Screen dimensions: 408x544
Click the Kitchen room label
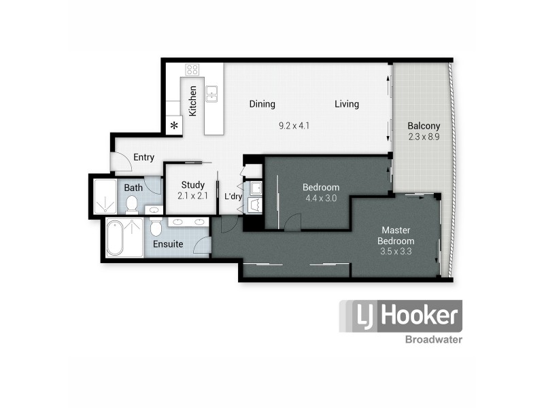point(193,100)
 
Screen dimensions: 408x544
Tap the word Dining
point(262,104)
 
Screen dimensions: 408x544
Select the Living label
point(346,104)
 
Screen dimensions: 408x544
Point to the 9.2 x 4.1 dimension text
point(294,126)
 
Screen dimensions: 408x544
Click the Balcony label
point(424,126)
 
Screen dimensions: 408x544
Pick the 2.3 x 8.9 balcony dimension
point(424,137)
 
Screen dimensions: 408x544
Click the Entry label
point(143,157)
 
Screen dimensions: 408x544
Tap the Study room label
point(192,185)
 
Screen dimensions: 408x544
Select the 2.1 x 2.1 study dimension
point(192,196)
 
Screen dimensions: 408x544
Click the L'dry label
point(233,197)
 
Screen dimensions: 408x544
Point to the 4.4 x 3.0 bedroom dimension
point(321,199)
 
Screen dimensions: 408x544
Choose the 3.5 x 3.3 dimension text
point(397,252)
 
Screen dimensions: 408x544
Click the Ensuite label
point(167,244)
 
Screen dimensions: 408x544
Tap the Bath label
point(133,188)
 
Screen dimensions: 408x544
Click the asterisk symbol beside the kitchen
point(175,125)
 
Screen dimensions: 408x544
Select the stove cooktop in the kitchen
point(192,69)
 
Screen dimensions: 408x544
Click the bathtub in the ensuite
point(115,239)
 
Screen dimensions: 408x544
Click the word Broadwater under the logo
point(433,339)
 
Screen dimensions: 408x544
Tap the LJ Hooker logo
point(401,316)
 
